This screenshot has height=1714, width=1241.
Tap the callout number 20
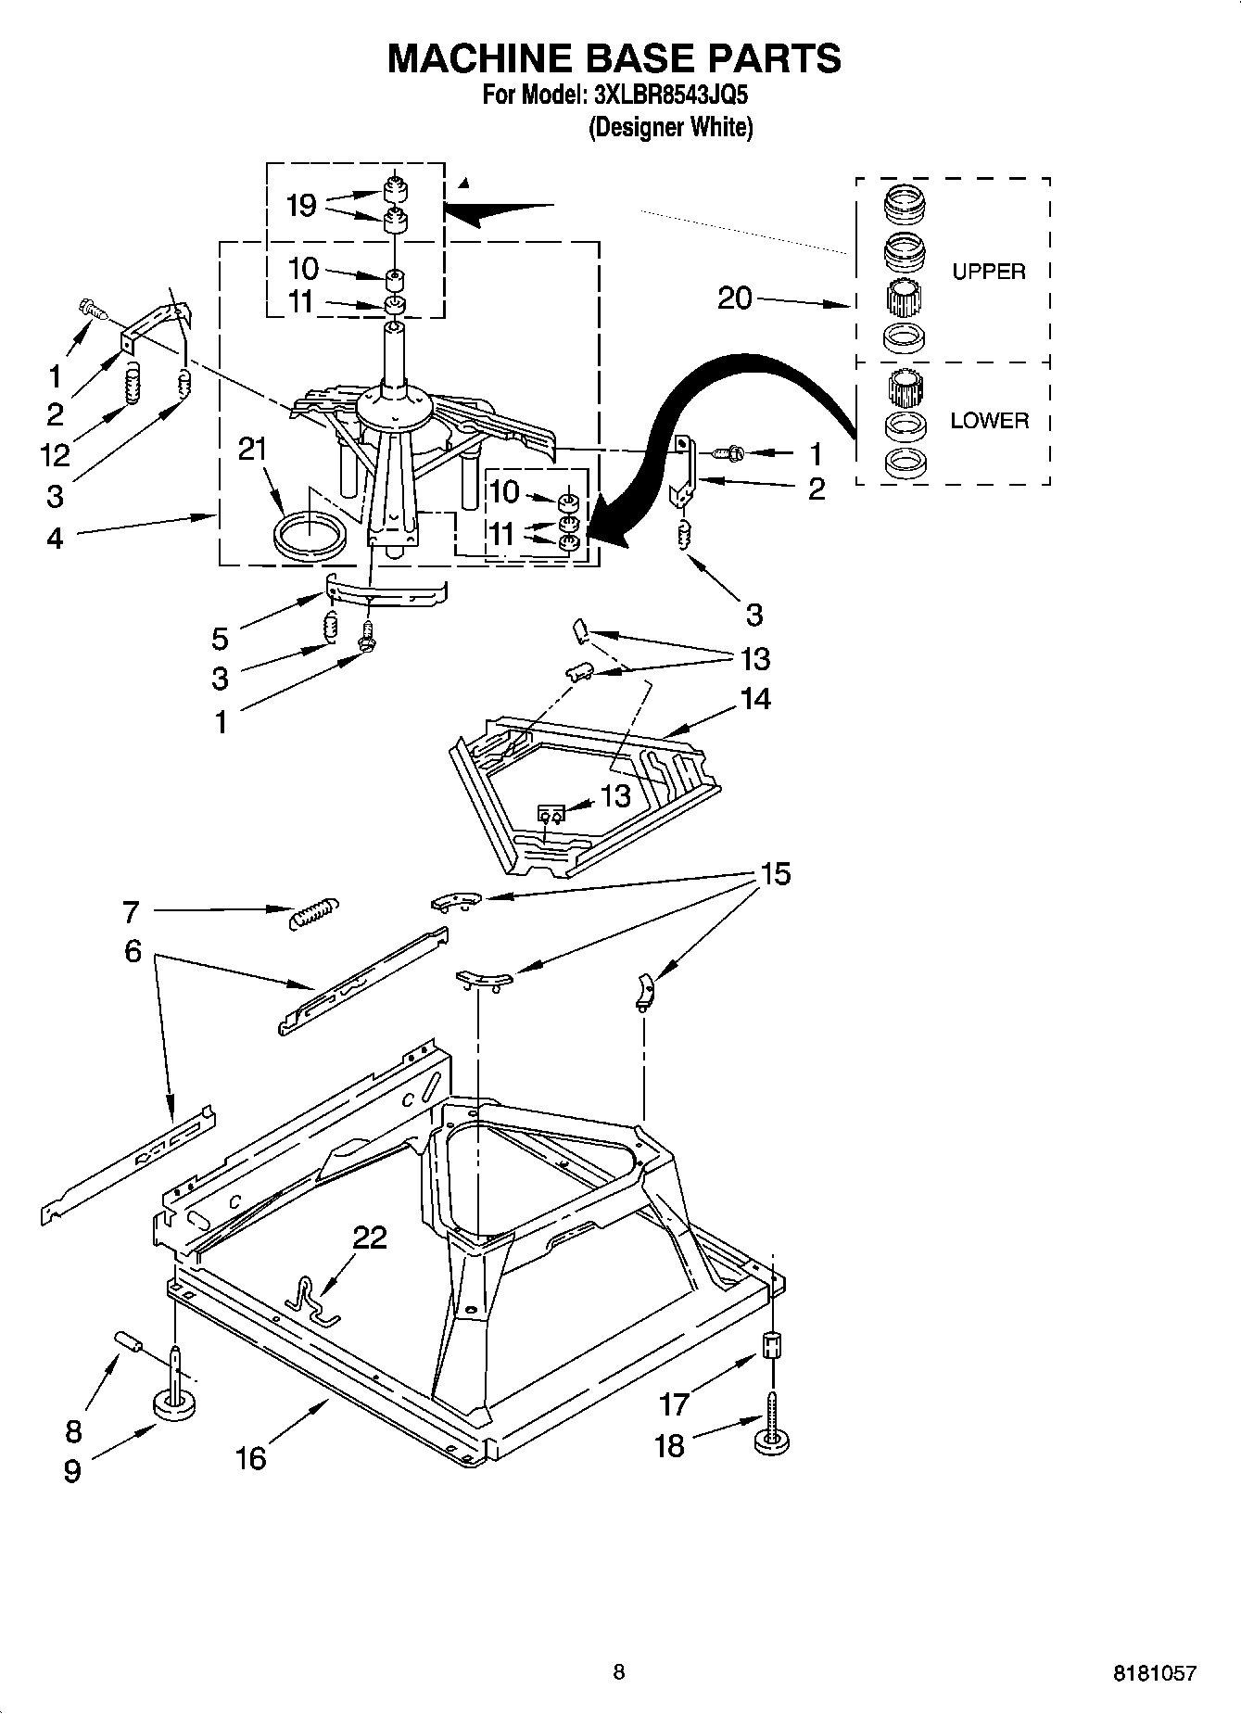(x=735, y=298)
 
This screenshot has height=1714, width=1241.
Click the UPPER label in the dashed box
(x=989, y=272)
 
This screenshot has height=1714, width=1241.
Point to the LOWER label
(x=989, y=421)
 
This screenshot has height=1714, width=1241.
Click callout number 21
(x=252, y=449)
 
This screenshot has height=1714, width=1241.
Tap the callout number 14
(x=755, y=698)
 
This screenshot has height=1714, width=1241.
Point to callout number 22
(x=370, y=1238)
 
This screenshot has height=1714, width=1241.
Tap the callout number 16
(x=250, y=1458)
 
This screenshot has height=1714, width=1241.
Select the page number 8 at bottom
(x=619, y=1671)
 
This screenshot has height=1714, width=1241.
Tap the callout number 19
(x=301, y=205)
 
